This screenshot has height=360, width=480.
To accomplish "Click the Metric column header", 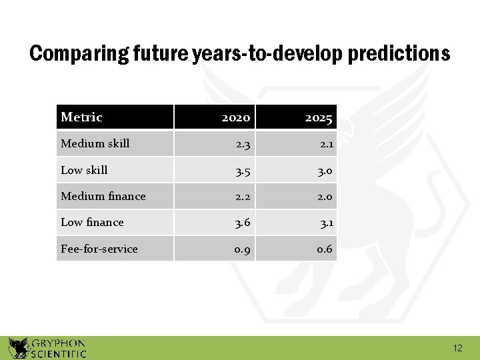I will (81, 117).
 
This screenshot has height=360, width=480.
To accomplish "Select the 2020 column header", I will (235, 118).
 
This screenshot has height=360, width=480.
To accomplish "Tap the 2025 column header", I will (319, 118).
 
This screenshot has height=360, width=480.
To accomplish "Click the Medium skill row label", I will (95, 143).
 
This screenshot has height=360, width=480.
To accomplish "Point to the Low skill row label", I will (84, 170).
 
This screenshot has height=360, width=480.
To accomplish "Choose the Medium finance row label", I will (103, 196).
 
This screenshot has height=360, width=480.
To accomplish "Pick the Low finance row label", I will (92, 222).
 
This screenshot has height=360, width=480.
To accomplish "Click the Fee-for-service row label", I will (99, 249).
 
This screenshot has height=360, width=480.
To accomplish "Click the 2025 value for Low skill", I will (324, 170).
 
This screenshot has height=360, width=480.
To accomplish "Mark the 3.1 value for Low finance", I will (324, 222).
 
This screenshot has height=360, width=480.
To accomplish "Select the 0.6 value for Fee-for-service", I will (324, 249).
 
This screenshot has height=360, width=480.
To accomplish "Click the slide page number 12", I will (457, 348).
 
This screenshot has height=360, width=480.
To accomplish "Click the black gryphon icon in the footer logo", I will (18, 348).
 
